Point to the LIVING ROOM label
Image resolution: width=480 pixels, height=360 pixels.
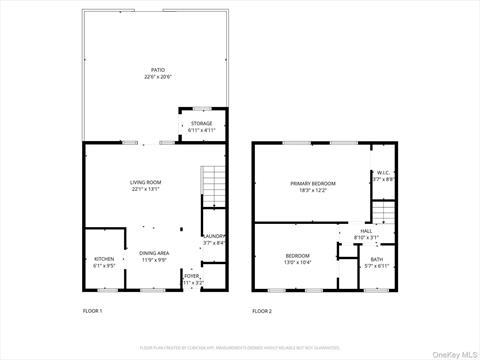pos(145,182)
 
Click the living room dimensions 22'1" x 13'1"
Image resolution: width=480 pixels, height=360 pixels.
pos(145,189)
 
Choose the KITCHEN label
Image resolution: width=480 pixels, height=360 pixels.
pos(104,259)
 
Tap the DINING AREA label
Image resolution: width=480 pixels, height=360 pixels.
pos(154,253)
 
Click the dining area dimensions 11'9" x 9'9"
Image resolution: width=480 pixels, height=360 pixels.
pos(154,260)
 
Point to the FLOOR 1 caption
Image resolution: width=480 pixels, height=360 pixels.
pos(93,311)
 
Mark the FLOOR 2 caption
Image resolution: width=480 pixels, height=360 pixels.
pos(262,311)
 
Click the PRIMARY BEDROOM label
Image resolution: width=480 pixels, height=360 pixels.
pos(313,183)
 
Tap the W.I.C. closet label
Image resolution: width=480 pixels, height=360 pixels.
pos(383,172)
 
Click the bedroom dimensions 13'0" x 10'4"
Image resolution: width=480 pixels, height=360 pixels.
pos(297,263)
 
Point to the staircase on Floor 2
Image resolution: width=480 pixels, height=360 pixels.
pos(382,213)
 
